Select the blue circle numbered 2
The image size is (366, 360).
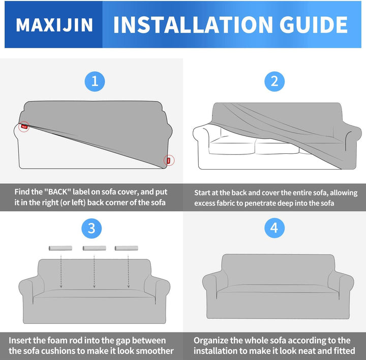click(x=274, y=81)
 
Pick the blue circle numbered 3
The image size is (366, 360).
click(x=91, y=228)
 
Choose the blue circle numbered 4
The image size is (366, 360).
click(x=274, y=228)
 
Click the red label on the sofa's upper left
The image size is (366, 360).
click(x=24, y=126)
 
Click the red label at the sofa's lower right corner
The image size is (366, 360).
click(x=169, y=160)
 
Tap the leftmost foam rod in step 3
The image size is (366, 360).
click(x=58, y=248)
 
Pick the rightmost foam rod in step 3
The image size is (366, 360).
click(x=126, y=248)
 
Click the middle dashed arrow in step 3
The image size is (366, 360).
click(x=94, y=272)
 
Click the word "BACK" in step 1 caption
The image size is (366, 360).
click(x=61, y=192)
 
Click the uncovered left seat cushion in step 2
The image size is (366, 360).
click(x=231, y=147)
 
